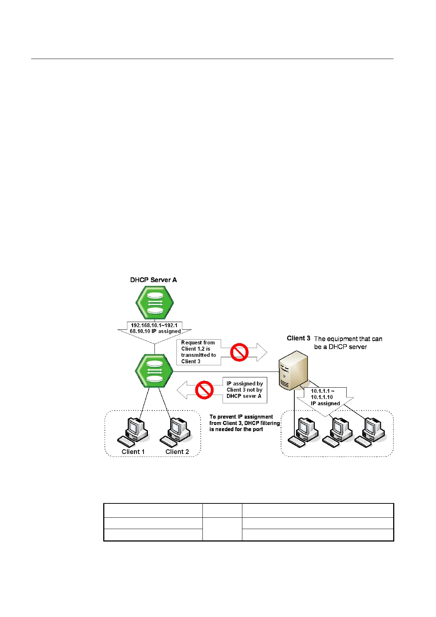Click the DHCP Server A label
pos(153,280)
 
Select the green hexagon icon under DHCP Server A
pos(154,303)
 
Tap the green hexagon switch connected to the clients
pos(154,371)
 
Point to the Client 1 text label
pos(133,452)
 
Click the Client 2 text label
pos(177,452)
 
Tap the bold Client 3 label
pos(298,338)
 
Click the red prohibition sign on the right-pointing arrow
pos(239,352)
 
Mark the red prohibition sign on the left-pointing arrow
pos(204,390)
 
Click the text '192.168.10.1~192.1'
pos(154,325)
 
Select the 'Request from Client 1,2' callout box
pos(199,352)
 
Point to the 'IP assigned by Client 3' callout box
pos(245,390)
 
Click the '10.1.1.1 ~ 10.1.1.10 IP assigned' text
pos(325,397)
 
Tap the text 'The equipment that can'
pos(348,339)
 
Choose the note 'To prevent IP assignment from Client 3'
pos(244,423)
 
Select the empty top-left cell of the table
pos(153,510)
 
